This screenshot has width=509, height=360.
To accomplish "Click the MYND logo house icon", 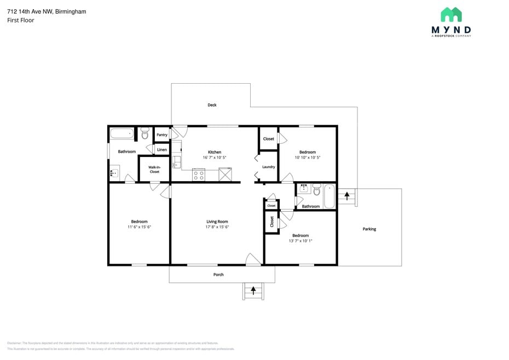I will pyautogui.click(x=451, y=15).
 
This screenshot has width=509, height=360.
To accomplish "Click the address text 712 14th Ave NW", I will pyautogui.click(x=31, y=11).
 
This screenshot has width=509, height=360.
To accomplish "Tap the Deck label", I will pyautogui.click(x=212, y=105).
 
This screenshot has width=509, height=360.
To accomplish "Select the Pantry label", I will pyautogui.click(x=162, y=135).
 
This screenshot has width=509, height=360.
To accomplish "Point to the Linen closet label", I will pyautogui.click(x=162, y=150).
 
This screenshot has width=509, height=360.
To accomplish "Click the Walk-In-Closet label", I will pyautogui.click(x=154, y=170).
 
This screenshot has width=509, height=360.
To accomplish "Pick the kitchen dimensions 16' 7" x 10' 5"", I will pyautogui.click(x=215, y=158).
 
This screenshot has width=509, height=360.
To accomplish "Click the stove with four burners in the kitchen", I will pyautogui.click(x=199, y=175).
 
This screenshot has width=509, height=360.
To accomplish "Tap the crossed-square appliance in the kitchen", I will pyautogui.click(x=225, y=175).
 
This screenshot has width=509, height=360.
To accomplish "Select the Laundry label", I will pyautogui.click(x=268, y=167).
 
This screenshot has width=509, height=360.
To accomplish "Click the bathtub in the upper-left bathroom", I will pyautogui.click(x=122, y=133).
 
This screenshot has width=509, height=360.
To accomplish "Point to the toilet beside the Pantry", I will pyautogui.click(x=145, y=133).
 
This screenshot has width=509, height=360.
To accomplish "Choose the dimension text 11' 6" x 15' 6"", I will pyautogui.click(x=139, y=227).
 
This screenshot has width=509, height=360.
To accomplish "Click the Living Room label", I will pyautogui.click(x=217, y=222).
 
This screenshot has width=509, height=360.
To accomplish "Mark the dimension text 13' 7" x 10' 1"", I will pyautogui.click(x=300, y=240).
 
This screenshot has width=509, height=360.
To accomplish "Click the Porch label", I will pyautogui.click(x=218, y=275).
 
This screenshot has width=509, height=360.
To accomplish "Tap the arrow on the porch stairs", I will pyautogui.click(x=253, y=289).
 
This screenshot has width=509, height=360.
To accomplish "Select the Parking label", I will pyautogui.click(x=369, y=229).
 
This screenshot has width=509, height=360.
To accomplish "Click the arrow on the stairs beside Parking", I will pyautogui.click(x=346, y=195).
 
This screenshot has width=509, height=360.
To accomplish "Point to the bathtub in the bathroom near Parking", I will pyautogui.click(x=329, y=196).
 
